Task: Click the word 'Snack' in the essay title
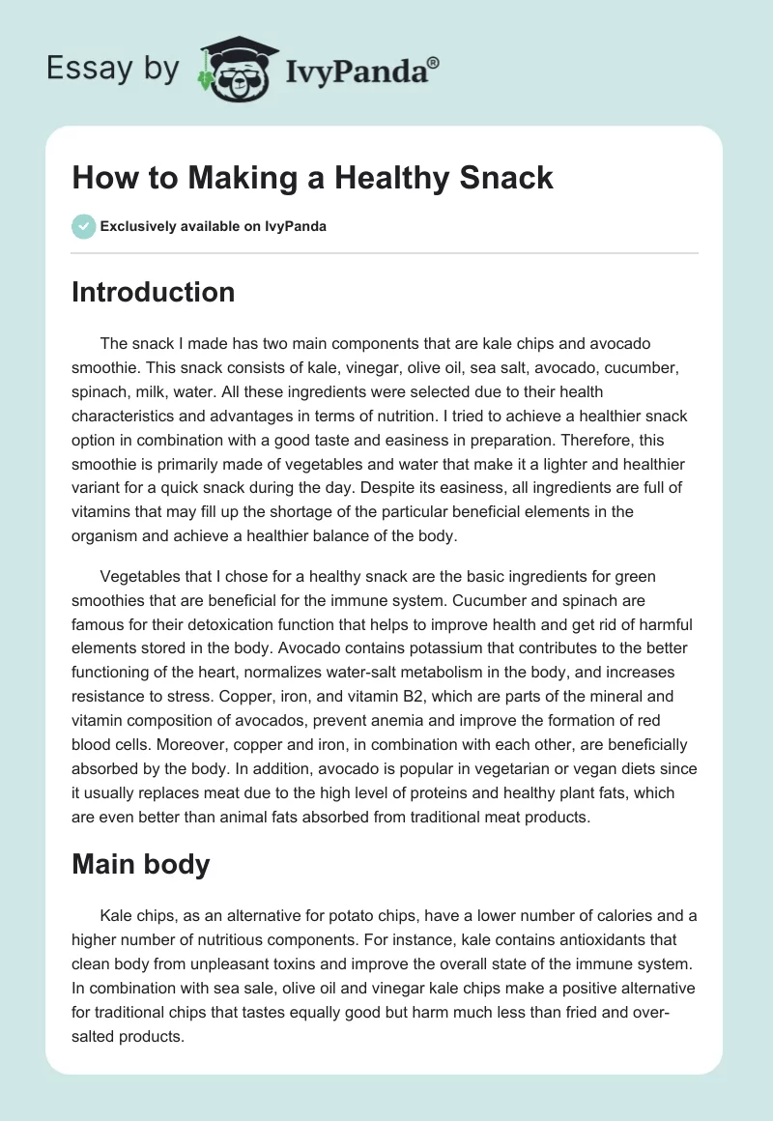click(506, 177)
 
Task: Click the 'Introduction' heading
click(153, 292)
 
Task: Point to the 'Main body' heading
click(140, 837)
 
